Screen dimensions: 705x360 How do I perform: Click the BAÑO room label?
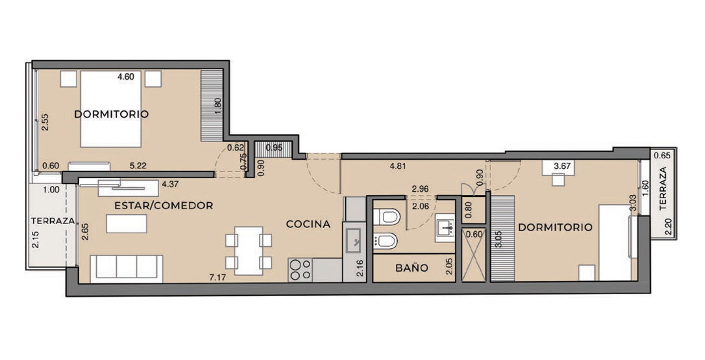tap(412, 268)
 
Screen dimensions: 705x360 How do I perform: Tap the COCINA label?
tap(308, 224)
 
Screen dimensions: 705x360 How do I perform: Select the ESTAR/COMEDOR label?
tap(164, 205)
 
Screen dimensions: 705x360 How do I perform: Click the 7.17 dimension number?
tap(218, 277)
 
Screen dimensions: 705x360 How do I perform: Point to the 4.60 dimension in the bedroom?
tap(126, 77)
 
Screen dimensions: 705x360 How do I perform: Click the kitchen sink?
tap(354, 241)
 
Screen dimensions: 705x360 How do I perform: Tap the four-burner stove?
tap(300, 270)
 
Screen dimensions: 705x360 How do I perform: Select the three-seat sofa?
tap(126, 269)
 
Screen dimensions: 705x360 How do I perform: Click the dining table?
tap(249, 251)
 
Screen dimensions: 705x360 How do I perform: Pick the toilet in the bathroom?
tap(387, 217)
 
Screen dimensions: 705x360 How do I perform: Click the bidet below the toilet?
tap(386, 241)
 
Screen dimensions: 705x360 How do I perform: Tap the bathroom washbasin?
tap(445, 228)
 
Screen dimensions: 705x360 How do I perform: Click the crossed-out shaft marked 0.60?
tap(474, 254)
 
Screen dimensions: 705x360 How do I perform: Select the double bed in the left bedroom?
tap(111, 109)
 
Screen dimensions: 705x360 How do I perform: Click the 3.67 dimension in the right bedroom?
tap(562, 166)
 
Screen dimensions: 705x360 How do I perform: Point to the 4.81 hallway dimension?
tap(398, 166)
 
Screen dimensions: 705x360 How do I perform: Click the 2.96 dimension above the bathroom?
tap(420, 189)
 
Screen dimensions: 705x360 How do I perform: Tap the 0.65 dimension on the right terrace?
tap(662, 156)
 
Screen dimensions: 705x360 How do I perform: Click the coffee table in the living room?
tap(126, 224)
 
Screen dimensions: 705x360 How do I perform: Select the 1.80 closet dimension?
tap(218, 107)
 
